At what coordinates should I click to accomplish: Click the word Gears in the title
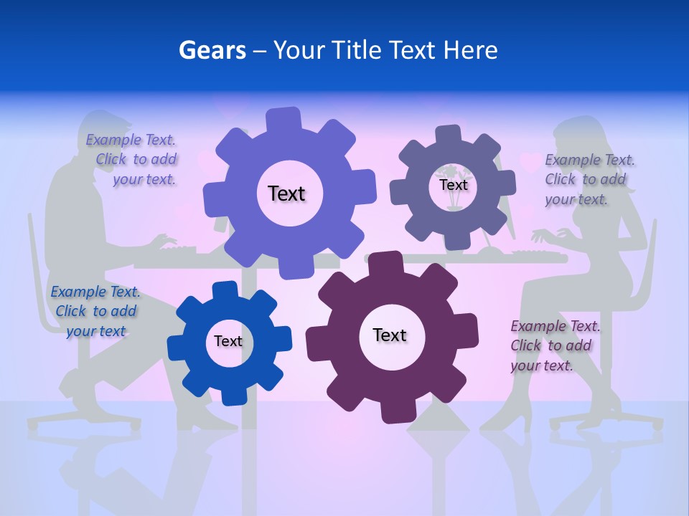click(212, 50)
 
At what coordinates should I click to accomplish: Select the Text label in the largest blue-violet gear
click(286, 193)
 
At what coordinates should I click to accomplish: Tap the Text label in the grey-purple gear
click(453, 185)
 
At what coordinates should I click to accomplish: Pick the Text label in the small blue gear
click(228, 341)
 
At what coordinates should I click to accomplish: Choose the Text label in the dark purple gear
click(390, 335)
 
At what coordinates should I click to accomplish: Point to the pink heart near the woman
click(530, 163)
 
